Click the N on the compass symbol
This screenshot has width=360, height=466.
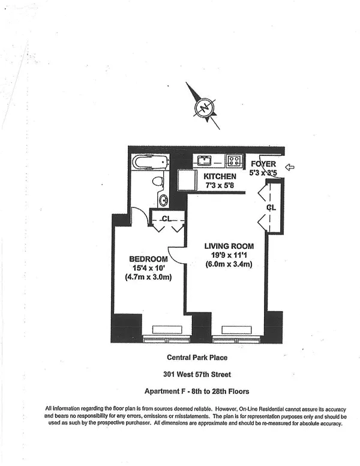point(204,107)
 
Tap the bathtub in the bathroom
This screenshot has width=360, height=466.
point(150,162)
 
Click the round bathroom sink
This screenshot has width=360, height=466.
point(163,200)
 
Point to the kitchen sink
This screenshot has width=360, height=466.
point(204,161)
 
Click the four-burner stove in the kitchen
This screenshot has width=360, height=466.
point(234,161)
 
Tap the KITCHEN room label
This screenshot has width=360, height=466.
point(220,176)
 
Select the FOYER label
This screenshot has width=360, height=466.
point(263,164)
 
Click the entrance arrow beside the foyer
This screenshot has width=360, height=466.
point(290,167)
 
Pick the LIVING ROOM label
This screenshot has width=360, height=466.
point(229,246)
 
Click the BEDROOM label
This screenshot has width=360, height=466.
point(148,259)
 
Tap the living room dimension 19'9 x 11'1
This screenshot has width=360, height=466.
point(229,255)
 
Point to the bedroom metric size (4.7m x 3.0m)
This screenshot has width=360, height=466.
point(148,277)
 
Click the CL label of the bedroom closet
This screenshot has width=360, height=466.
point(166,219)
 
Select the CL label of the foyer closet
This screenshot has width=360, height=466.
point(271,207)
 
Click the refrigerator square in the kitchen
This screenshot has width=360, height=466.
point(188,180)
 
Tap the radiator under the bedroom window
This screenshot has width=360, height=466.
point(167,330)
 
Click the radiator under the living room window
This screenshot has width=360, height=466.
point(237,330)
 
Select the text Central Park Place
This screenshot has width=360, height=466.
point(197,357)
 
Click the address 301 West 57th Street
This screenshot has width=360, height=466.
point(197,374)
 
